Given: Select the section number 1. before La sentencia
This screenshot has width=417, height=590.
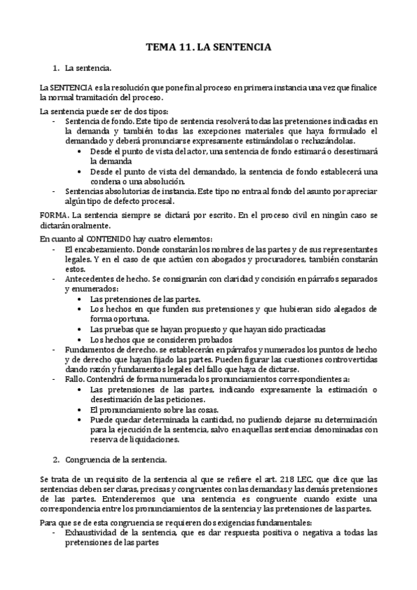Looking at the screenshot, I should [x=56, y=68].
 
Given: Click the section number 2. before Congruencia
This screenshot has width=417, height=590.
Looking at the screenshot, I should [x=56, y=460].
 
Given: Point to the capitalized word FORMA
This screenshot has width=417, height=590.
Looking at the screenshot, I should [x=54, y=216].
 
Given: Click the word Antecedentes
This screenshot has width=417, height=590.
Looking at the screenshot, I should [x=89, y=278].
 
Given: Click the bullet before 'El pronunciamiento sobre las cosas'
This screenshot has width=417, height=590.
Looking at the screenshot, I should [x=84, y=410].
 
